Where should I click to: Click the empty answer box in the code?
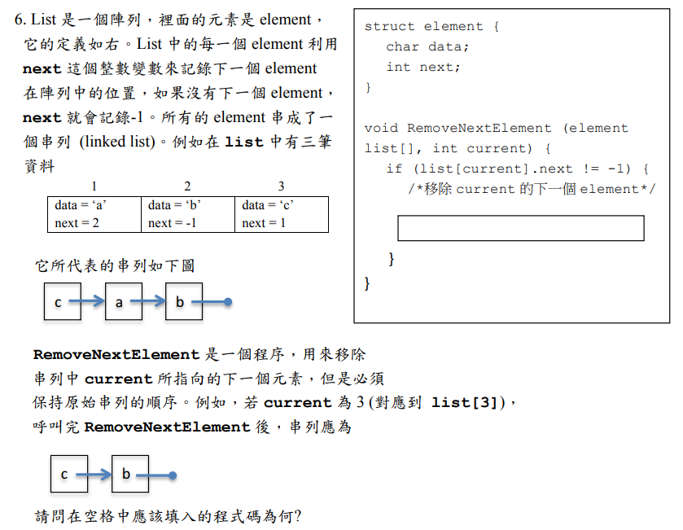click(x=520, y=228)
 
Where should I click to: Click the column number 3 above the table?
click(x=282, y=187)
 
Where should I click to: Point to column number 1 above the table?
click(x=94, y=187)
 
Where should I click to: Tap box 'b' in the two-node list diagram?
click(x=126, y=475)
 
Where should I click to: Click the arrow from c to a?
click(x=87, y=302)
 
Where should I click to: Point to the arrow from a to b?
click(x=147, y=302)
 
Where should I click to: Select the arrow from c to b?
click(x=97, y=475)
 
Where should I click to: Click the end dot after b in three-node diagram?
click(x=229, y=302)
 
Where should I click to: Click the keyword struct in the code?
click(x=390, y=27)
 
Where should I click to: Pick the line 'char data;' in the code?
click(x=427, y=47)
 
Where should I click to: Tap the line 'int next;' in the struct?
click(x=423, y=68)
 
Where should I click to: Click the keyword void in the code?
click(x=381, y=129)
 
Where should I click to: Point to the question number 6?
click(x=21, y=20)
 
